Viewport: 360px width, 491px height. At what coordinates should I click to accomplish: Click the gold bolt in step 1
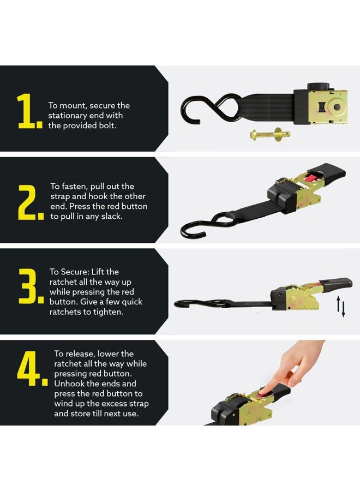pos(270,135)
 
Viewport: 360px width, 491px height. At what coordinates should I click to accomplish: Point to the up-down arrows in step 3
pos(341,307)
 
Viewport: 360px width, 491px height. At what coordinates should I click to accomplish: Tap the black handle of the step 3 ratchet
pos(335,284)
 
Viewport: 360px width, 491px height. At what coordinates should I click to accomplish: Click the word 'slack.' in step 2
pos(112,217)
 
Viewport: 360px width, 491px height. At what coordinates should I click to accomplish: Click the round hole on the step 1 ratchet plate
pos(337,107)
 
